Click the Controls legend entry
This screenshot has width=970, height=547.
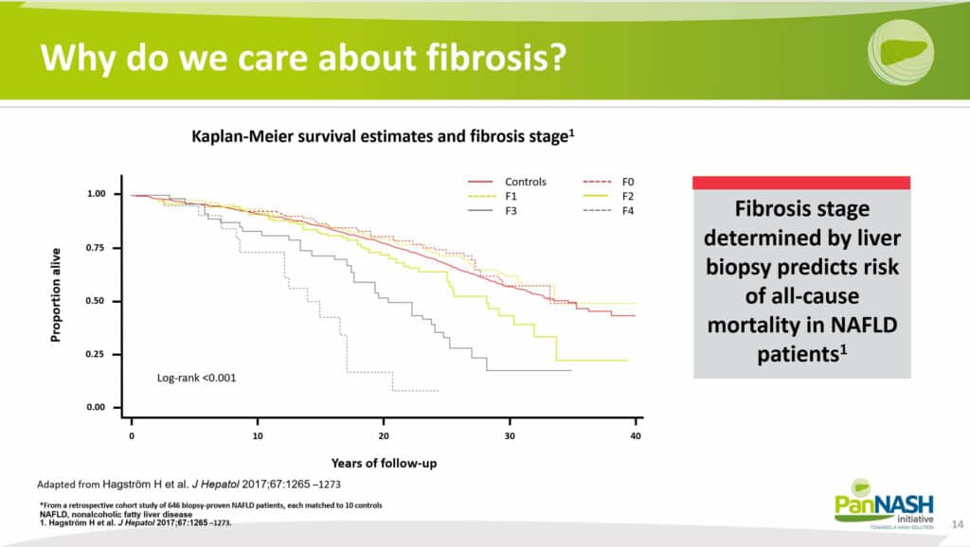click(x=508, y=182)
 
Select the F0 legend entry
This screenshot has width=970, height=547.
click(x=609, y=182)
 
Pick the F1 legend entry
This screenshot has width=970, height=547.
click(x=493, y=196)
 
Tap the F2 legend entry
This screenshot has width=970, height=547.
click(x=609, y=196)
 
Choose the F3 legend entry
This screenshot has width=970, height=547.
click(x=493, y=211)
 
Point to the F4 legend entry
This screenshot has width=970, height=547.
click(x=609, y=211)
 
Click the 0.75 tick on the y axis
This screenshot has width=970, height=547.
click(x=96, y=247)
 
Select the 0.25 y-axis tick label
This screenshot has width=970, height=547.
click(x=96, y=354)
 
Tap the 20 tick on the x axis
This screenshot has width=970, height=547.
click(x=384, y=435)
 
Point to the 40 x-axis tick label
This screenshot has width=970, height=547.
click(x=636, y=435)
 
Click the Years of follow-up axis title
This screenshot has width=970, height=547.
click(x=385, y=463)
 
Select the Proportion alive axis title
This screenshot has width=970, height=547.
click(x=56, y=295)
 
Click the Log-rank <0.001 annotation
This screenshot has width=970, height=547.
click(x=197, y=378)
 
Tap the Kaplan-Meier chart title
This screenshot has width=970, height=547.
click(x=383, y=136)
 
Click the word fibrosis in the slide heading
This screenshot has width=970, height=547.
click(x=496, y=57)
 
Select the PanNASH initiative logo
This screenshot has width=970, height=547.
click(x=884, y=503)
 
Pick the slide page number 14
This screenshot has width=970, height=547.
click(x=958, y=524)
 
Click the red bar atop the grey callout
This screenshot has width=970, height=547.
click(x=801, y=183)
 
